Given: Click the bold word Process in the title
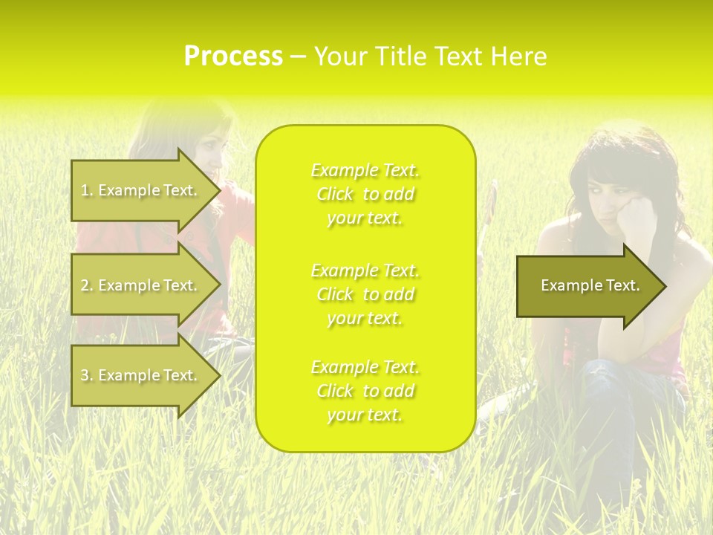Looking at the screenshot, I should tap(233, 56).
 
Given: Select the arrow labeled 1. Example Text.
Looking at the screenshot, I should tap(141, 190).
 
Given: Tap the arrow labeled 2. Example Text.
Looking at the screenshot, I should tap(141, 285).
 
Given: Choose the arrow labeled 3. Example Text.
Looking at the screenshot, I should tap(141, 375).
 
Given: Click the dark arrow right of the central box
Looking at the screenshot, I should tap(587, 285).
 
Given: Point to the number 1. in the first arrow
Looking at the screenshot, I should tap(87, 190).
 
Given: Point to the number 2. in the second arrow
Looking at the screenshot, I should tap(87, 285).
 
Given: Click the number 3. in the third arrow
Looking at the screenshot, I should tap(87, 375).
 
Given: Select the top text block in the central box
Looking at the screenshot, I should tap(365, 194).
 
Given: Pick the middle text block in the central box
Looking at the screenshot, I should tap(365, 294).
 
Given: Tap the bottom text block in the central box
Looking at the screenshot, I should tap(365, 391).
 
